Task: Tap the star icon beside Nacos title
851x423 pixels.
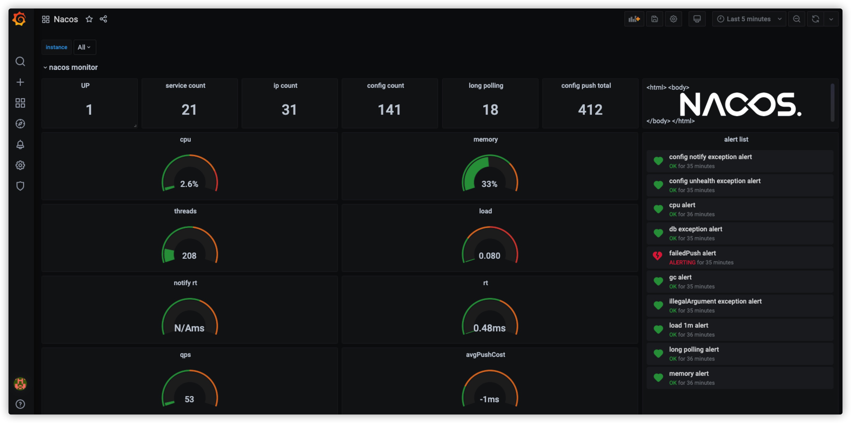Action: coord(89,19)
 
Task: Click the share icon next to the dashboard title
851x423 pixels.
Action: coord(103,19)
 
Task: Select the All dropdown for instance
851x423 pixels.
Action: coord(84,47)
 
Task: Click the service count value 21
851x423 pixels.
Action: coord(189,110)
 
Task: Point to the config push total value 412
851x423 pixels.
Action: coord(590,110)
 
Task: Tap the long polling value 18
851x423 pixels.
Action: coord(490,110)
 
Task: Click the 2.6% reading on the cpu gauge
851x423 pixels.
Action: coord(189,184)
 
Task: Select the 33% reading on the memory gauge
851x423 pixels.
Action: coord(489,184)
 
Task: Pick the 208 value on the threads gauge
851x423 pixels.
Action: coord(189,256)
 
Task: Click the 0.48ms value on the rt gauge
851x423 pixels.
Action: coord(489,328)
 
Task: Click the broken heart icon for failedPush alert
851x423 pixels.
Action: coord(658,256)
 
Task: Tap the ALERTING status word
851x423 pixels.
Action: coord(682,262)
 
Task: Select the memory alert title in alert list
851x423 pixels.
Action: coord(689,373)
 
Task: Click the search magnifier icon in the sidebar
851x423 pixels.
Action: coord(20,61)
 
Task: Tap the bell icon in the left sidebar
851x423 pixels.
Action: coord(20,144)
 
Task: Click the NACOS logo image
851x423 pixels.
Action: coord(740,104)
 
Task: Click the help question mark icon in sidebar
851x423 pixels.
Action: coord(20,404)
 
